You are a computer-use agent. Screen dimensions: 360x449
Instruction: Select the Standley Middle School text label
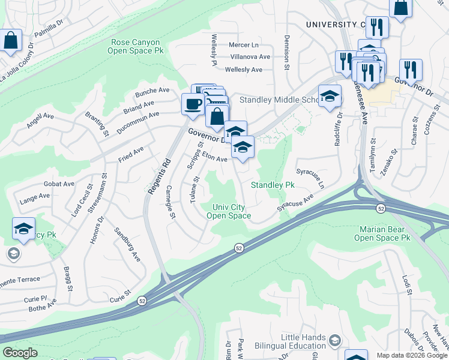277,100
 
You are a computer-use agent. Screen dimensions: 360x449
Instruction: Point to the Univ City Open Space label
229,211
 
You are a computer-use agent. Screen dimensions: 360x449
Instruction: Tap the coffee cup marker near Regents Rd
193,103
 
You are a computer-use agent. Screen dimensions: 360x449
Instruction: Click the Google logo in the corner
20,353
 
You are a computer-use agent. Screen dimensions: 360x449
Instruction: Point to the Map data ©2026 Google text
411,355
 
